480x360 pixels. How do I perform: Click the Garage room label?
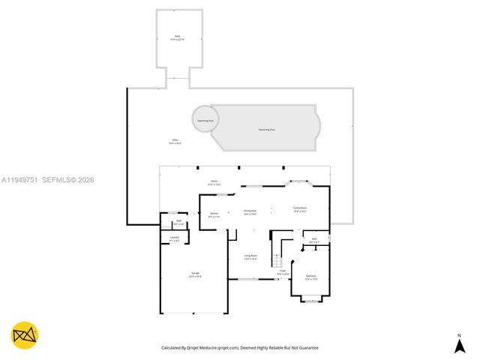point(195,275)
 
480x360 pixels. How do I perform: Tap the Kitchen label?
point(214,214)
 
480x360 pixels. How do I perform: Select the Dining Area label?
point(250,212)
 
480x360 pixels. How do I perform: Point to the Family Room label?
point(300,210)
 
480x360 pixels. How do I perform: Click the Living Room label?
point(250,257)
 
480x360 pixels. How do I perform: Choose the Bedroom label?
point(311,277)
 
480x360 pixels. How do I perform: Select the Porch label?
point(214,182)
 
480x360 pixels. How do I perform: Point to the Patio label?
point(175,140)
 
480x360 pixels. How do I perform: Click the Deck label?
point(178,37)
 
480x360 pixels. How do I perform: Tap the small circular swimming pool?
point(205,120)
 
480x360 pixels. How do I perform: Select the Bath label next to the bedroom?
point(314,241)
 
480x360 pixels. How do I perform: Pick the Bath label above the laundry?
point(178,223)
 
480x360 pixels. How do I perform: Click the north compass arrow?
point(460,344)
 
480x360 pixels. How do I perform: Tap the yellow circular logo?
point(25,335)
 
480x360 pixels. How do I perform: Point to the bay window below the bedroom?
point(310,300)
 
